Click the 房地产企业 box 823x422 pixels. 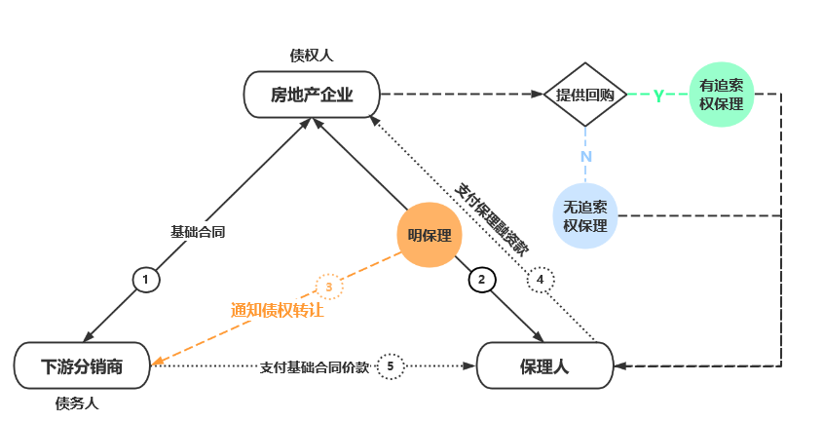point(311,95)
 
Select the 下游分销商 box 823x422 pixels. point(82,366)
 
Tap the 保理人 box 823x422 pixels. point(543,366)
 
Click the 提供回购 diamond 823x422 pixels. point(584,95)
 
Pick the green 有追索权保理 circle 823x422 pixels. point(721,95)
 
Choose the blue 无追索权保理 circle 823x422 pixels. point(585,215)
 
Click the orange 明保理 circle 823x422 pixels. point(429,235)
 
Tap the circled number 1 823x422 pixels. point(145,280)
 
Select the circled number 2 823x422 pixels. point(480,280)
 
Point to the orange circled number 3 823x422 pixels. point(329,287)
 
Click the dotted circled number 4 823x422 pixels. point(540,280)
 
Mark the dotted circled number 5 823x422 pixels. point(390,366)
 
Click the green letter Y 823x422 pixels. point(658,96)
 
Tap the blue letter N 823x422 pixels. point(585,156)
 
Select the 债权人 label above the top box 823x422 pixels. point(311,55)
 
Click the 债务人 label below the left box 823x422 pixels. point(78,403)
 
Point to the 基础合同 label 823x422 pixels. point(199,232)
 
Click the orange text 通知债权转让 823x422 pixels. point(278,311)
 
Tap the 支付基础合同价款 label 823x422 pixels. point(315,367)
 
